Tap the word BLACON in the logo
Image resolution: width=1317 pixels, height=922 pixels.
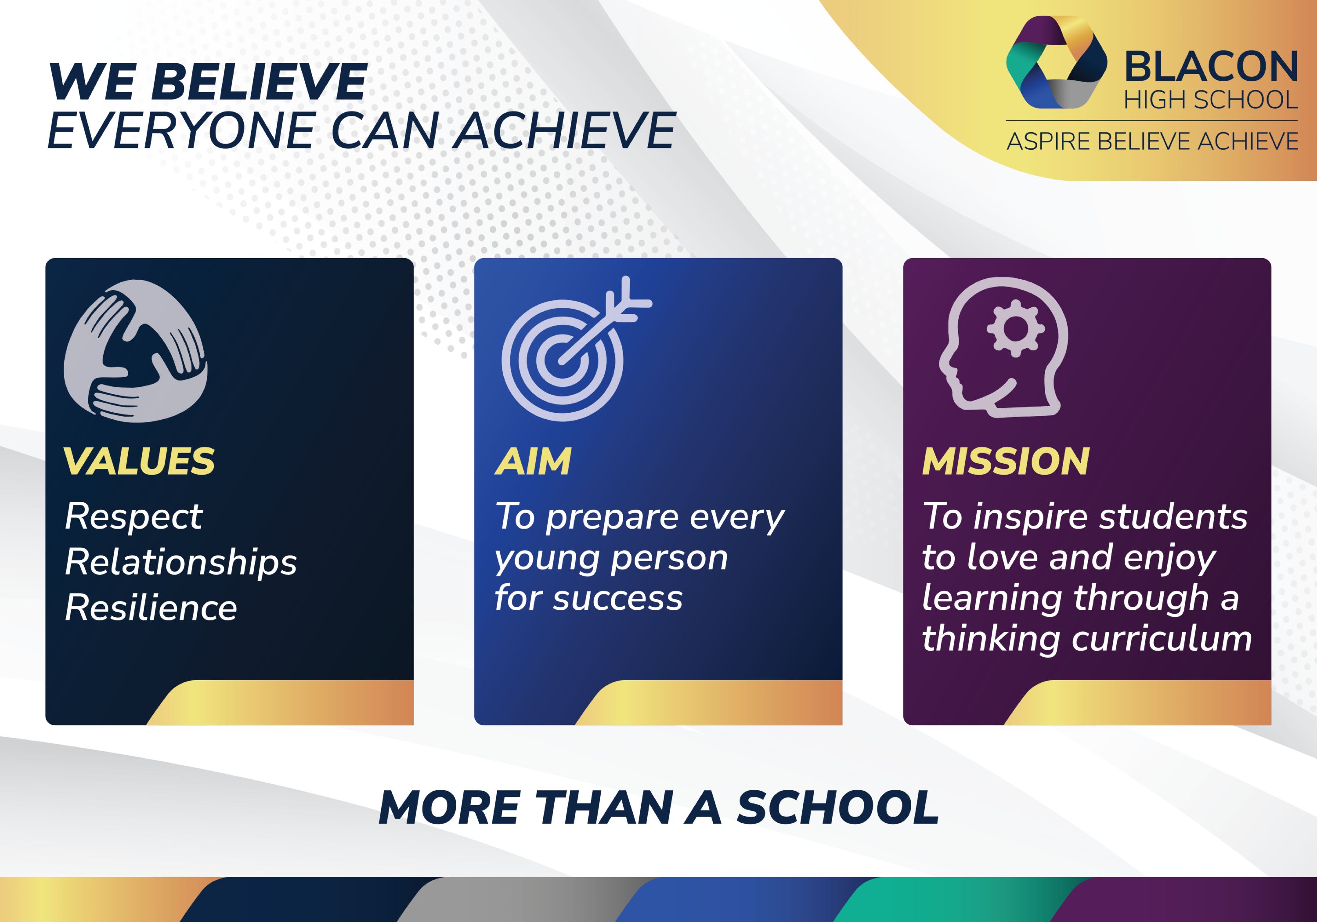[1210, 67]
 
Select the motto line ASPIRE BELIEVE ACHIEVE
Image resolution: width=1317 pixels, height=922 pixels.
[1152, 141]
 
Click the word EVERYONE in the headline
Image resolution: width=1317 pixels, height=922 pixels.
[180, 131]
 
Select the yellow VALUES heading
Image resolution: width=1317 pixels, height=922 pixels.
[139, 461]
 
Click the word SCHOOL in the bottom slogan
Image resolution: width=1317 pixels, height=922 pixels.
[837, 808]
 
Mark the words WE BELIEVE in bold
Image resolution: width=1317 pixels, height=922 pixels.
[208, 82]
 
